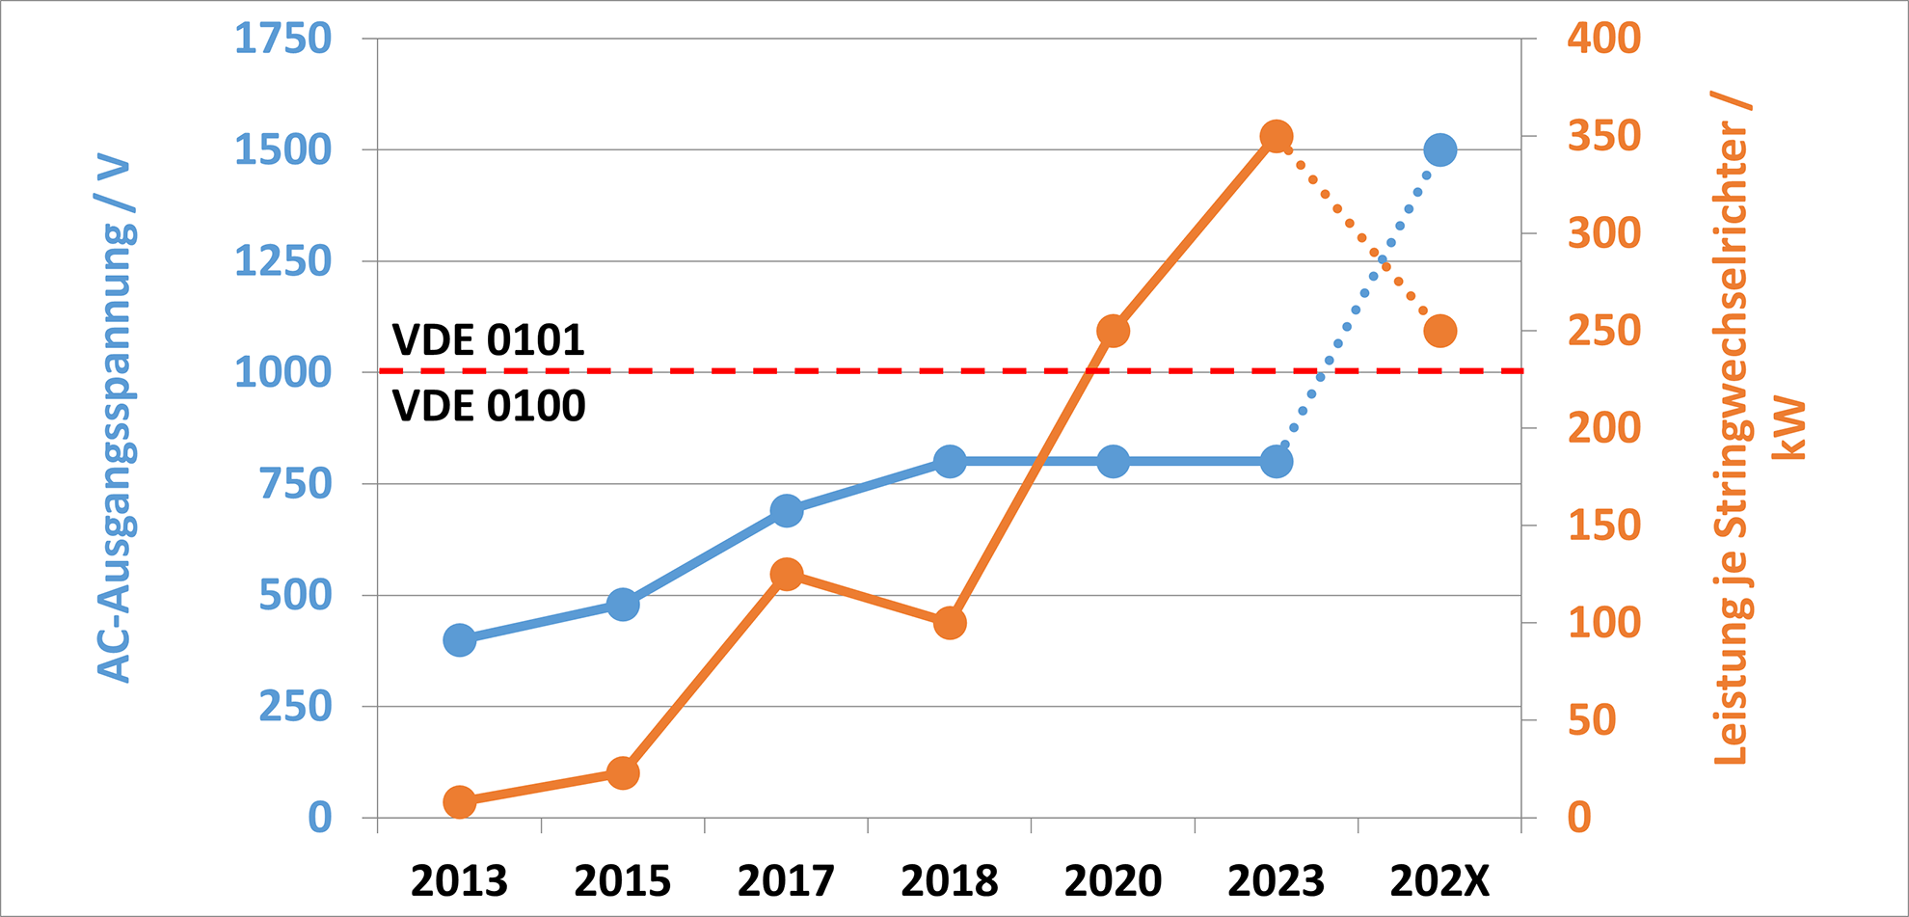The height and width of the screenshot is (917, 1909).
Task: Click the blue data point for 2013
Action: tap(460, 639)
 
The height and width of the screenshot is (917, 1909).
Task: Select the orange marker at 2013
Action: tap(460, 802)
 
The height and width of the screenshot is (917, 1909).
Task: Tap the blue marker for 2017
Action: tap(787, 510)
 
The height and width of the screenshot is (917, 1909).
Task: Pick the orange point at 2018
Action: tap(950, 623)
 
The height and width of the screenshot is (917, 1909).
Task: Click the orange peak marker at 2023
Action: tap(1277, 137)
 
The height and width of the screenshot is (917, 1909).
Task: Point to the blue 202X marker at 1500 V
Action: tap(1439, 149)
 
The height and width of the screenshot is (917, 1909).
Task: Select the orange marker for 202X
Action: tap(1439, 331)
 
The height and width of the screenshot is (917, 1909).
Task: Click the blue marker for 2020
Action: tap(1113, 462)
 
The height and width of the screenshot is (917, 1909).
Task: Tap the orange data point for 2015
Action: tap(623, 773)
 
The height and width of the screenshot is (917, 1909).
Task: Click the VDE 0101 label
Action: tap(488, 340)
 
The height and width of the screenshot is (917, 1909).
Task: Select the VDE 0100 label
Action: tap(488, 406)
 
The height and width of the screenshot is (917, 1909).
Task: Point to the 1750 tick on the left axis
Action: tap(282, 39)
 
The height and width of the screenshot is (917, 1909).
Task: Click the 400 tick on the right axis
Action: tap(1603, 39)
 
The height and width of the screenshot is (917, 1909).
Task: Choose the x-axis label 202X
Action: tap(1439, 881)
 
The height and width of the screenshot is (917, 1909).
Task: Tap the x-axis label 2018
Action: tap(950, 881)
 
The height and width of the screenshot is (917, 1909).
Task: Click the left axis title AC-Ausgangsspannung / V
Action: tap(116, 419)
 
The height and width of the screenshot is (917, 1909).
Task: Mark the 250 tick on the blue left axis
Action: tap(294, 707)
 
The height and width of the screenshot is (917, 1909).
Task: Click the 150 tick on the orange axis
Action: tap(1603, 526)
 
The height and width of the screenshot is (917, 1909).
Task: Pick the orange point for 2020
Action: tap(1113, 331)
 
